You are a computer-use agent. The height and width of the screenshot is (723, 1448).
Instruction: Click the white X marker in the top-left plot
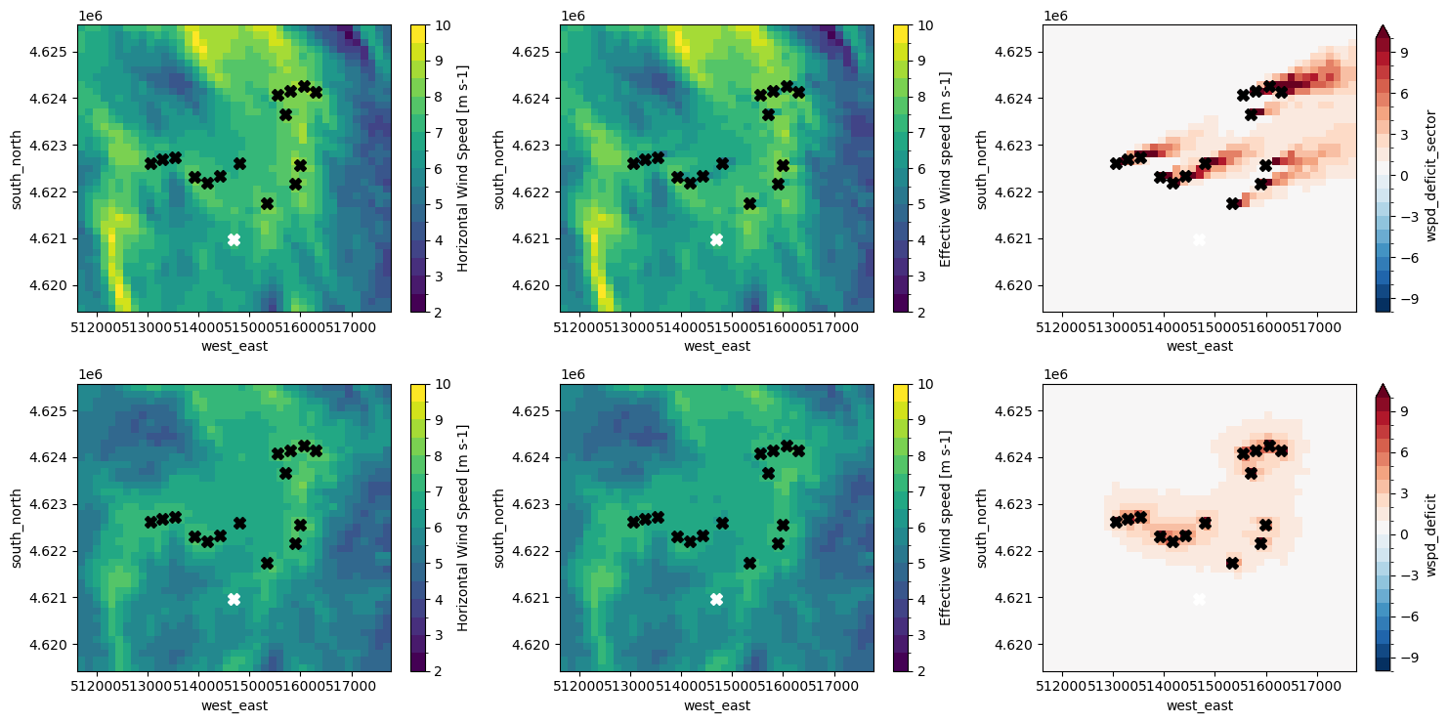(234, 239)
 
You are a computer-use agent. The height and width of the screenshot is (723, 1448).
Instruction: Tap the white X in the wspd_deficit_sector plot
(1199, 239)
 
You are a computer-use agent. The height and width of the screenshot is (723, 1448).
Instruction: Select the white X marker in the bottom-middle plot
(716, 599)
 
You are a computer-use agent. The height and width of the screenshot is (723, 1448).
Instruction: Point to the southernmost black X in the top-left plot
(267, 203)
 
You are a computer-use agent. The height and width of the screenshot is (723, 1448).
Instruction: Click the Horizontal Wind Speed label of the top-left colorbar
(447, 168)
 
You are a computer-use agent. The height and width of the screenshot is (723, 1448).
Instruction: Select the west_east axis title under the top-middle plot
(716, 346)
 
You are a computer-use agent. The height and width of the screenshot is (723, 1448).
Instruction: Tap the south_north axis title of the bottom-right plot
(994, 528)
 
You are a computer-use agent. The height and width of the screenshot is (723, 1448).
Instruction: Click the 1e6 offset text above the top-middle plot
(573, 16)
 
